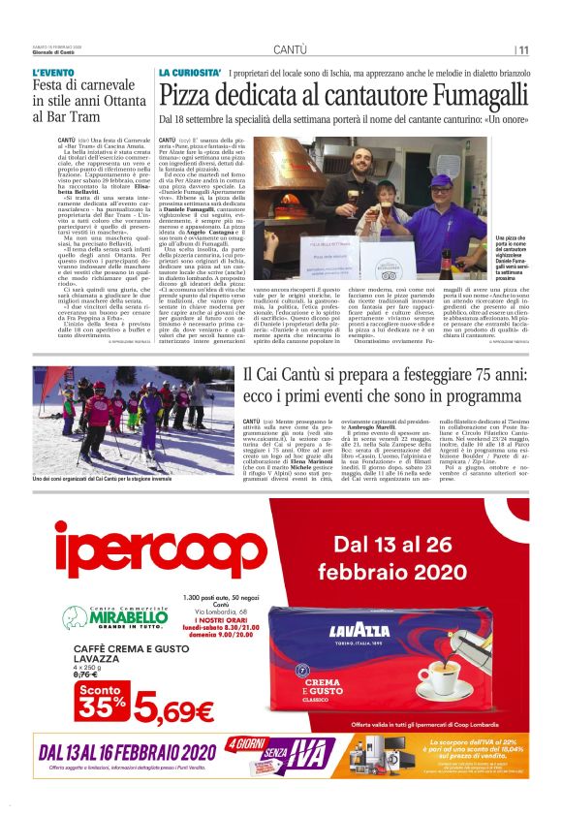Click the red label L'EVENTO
click(52, 74)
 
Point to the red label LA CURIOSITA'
click(190, 74)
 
